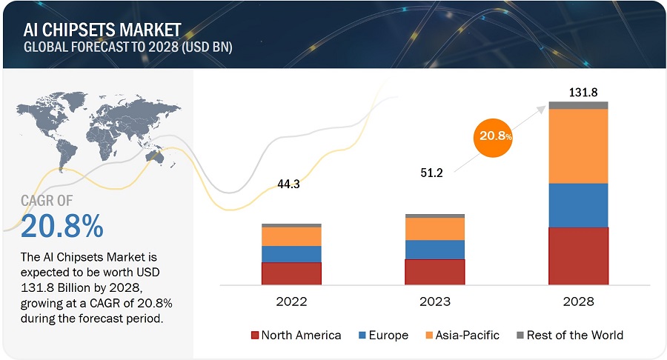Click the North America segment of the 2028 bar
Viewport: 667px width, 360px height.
578,256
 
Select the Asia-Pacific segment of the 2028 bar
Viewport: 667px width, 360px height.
578,146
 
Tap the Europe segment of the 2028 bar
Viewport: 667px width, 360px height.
578,205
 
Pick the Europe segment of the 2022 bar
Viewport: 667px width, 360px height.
291,254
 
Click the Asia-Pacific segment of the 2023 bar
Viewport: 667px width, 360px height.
435,229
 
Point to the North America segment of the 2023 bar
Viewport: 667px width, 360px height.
435,272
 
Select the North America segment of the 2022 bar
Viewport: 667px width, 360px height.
291,273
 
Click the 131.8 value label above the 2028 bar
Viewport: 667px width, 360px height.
579,92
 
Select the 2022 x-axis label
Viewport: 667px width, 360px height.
291,302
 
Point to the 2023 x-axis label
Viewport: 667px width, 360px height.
435,302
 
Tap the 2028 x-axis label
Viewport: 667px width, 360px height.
578,302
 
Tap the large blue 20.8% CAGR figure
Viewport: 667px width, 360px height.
62,227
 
